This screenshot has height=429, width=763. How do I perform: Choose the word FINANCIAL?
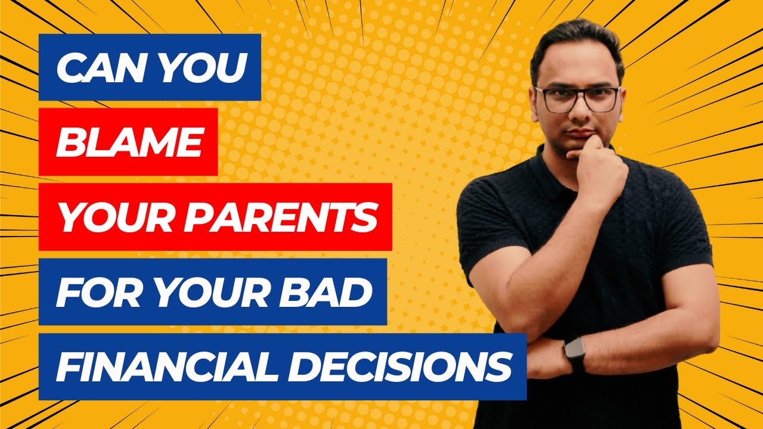tap(159, 367)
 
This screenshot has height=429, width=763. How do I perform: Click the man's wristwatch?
tap(575, 355)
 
